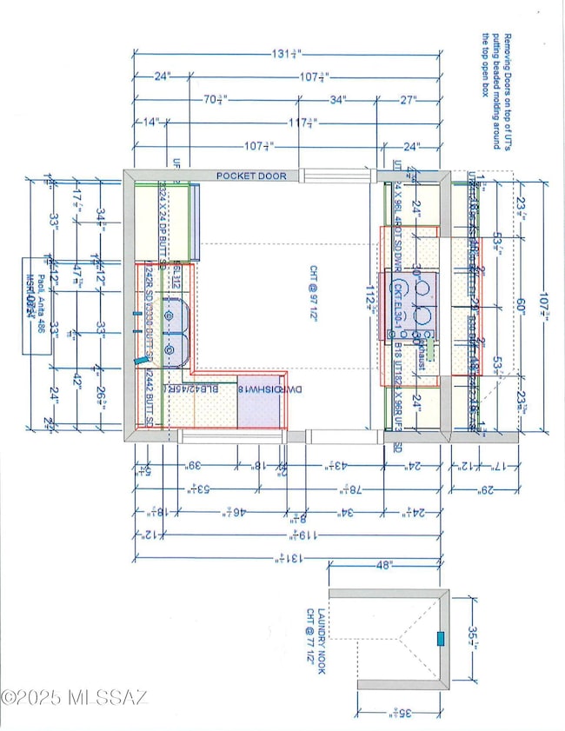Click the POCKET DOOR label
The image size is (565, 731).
[x=251, y=176]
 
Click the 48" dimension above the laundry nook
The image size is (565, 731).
[x=386, y=565]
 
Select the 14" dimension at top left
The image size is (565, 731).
[x=149, y=123]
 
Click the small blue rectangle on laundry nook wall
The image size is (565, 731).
[x=440, y=639]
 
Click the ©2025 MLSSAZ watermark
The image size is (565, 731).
[x=75, y=697]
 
